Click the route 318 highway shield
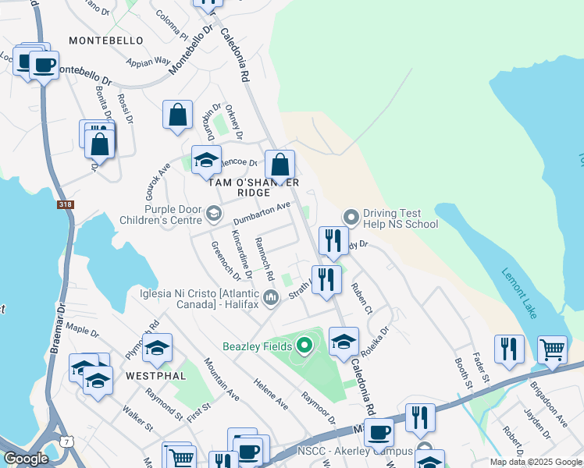(x=66, y=205)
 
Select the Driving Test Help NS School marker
(x=351, y=217)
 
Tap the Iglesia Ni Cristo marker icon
(x=271, y=297)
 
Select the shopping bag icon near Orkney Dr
(x=178, y=115)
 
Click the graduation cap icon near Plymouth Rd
(x=157, y=348)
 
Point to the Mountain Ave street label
(x=222, y=379)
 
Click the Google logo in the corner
(x=26, y=459)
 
